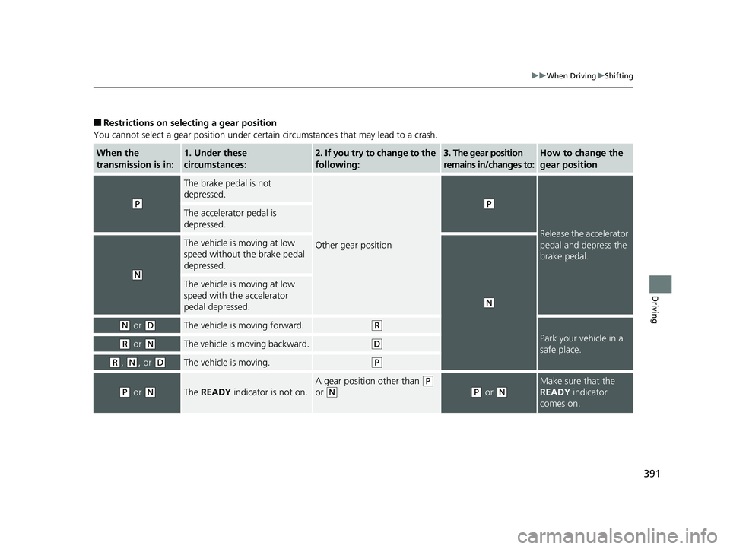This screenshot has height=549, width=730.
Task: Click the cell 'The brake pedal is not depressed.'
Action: point(228,189)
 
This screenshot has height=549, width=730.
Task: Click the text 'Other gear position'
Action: point(354,246)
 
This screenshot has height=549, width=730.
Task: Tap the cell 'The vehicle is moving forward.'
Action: point(233,325)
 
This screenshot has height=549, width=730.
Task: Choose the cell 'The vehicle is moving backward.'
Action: point(245,344)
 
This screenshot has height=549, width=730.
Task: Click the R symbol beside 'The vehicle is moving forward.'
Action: point(376,325)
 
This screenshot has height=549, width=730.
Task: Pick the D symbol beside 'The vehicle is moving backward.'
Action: point(376,344)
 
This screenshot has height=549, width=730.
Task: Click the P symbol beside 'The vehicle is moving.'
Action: point(376,363)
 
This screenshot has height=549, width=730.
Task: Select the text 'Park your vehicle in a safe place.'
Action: point(580,344)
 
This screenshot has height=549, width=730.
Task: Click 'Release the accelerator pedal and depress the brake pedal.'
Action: point(584,245)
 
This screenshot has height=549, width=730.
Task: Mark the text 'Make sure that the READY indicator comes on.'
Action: point(576,392)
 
